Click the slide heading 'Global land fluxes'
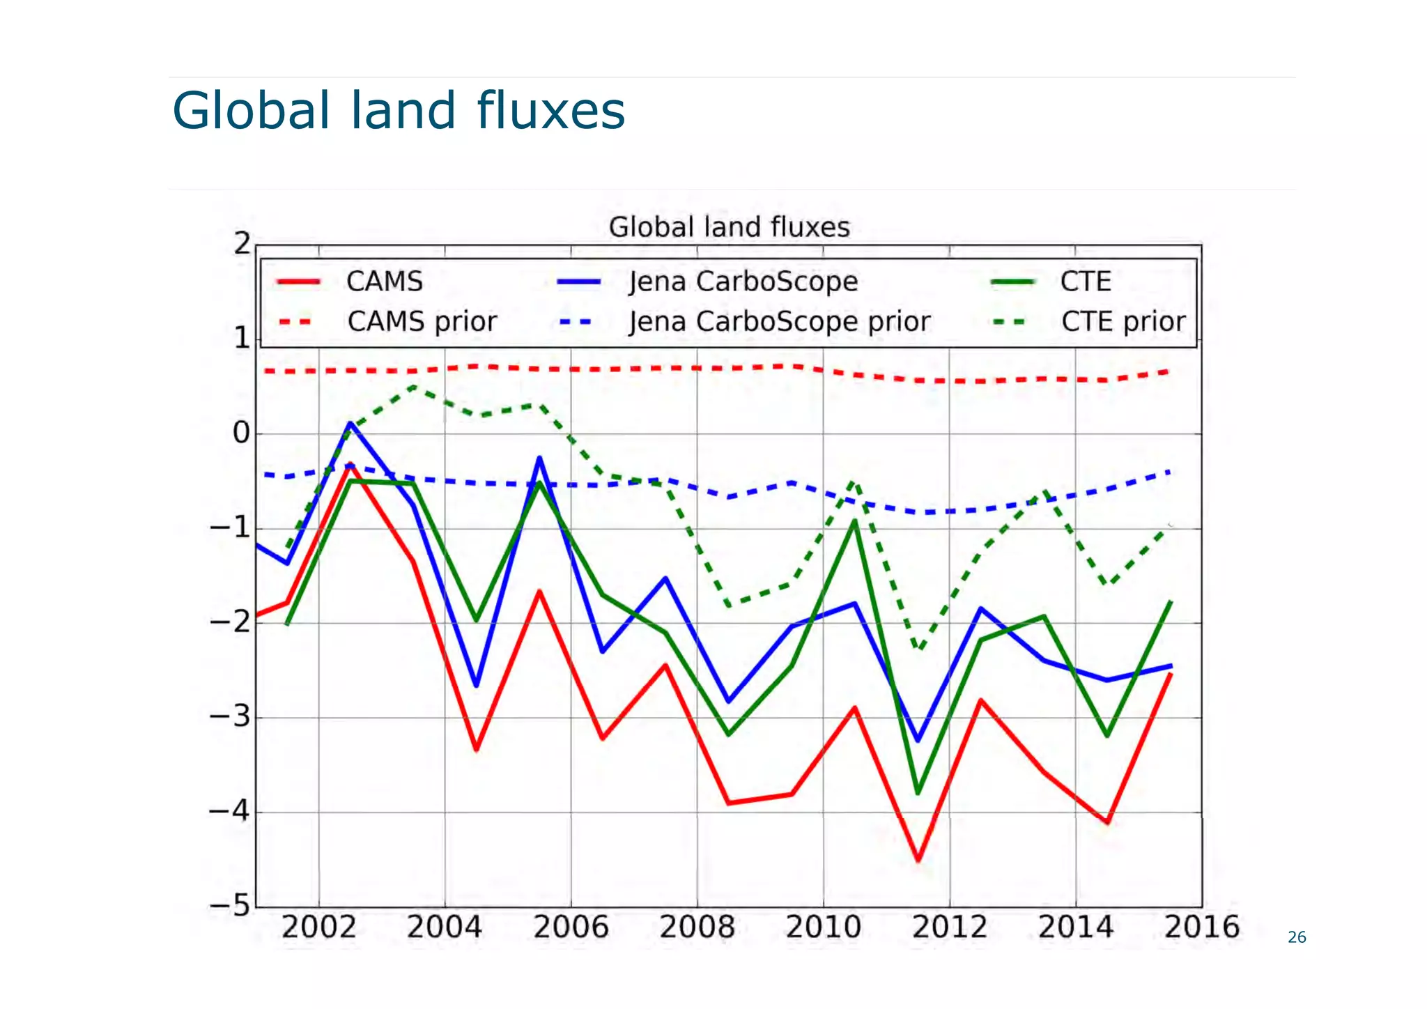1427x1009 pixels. (399, 111)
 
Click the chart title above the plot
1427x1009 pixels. (729, 227)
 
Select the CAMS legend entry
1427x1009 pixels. (384, 282)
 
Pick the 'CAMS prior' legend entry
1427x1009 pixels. (422, 322)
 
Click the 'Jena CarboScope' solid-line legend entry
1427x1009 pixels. (743, 282)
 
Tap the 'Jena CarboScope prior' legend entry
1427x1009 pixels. (779, 322)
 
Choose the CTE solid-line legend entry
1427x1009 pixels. (1085, 282)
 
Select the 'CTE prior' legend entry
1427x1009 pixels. (1123, 322)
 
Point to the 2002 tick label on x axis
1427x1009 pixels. (318, 927)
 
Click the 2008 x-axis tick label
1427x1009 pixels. (697, 927)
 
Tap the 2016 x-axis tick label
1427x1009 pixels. (1201, 927)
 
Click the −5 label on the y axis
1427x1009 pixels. (229, 907)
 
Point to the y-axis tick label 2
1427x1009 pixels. (242, 244)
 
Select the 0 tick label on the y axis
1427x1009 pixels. (240, 433)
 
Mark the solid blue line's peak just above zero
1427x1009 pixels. (350, 423)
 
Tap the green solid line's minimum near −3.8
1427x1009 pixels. (918, 792)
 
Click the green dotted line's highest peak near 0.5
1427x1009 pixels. (413, 385)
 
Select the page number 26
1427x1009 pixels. (1297, 937)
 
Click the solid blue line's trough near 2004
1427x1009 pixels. (477, 686)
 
